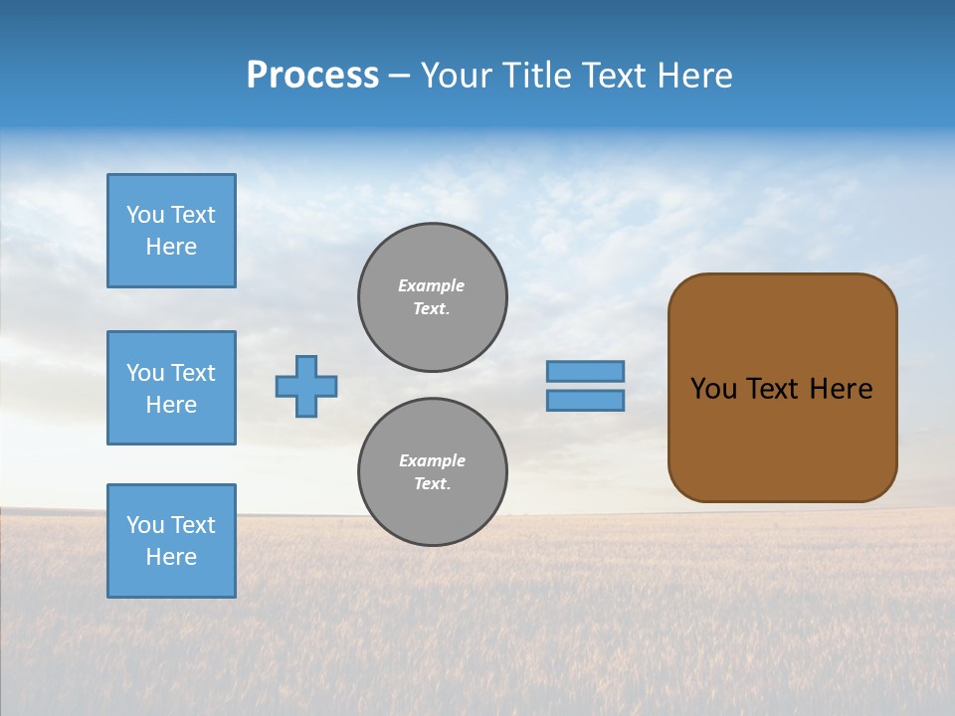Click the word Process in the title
pyautogui.click(x=312, y=76)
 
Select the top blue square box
pyautogui.click(x=171, y=231)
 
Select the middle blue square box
pyautogui.click(x=171, y=388)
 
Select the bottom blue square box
pyautogui.click(x=171, y=541)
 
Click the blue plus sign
pyautogui.click(x=306, y=386)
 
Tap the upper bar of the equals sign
pyautogui.click(x=586, y=371)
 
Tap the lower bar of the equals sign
pyautogui.click(x=586, y=400)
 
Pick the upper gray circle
pyautogui.click(x=433, y=297)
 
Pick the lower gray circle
pyautogui.click(x=433, y=472)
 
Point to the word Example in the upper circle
pyautogui.click(x=431, y=285)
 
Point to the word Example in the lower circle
pyautogui.click(x=432, y=460)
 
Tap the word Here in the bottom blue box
pyautogui.click(x=171, y=557)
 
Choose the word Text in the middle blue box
pyautogui.click(x=192, y=373)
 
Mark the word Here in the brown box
pyautogui.click(x=841, y=389)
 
